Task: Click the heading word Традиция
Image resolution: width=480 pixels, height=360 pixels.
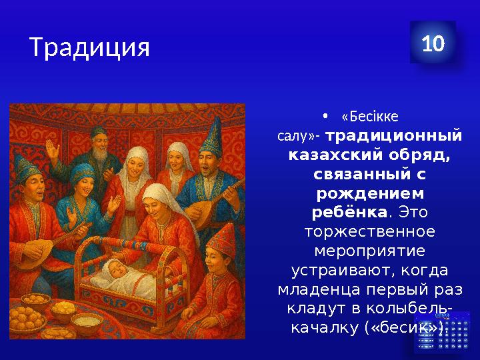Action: pos(89,47)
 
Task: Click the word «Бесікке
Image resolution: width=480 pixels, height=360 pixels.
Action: pos(369,117)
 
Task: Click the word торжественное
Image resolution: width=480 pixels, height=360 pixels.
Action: pos(369,232)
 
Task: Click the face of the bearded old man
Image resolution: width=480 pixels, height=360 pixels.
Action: pos(99,143)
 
